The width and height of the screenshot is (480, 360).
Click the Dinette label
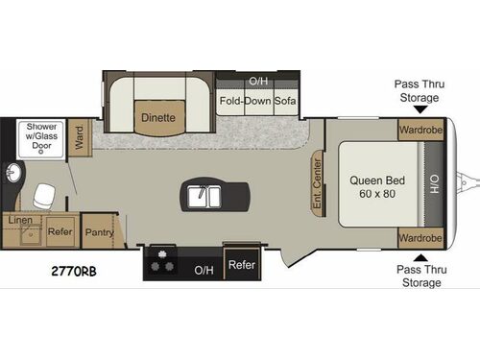(x=158, y=118)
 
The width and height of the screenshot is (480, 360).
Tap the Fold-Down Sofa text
(x=256, y=101)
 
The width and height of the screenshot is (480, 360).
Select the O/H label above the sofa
(x=257, y=82)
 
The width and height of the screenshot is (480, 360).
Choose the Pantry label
(x=99, y=231)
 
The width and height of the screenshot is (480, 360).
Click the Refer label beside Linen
(x=60, y=231)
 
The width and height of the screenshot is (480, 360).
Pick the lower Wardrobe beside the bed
(x=420, y=237)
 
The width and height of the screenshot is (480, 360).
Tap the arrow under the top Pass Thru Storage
(x=418, y=110)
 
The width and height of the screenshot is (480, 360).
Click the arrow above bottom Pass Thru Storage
(x=418, y=256)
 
